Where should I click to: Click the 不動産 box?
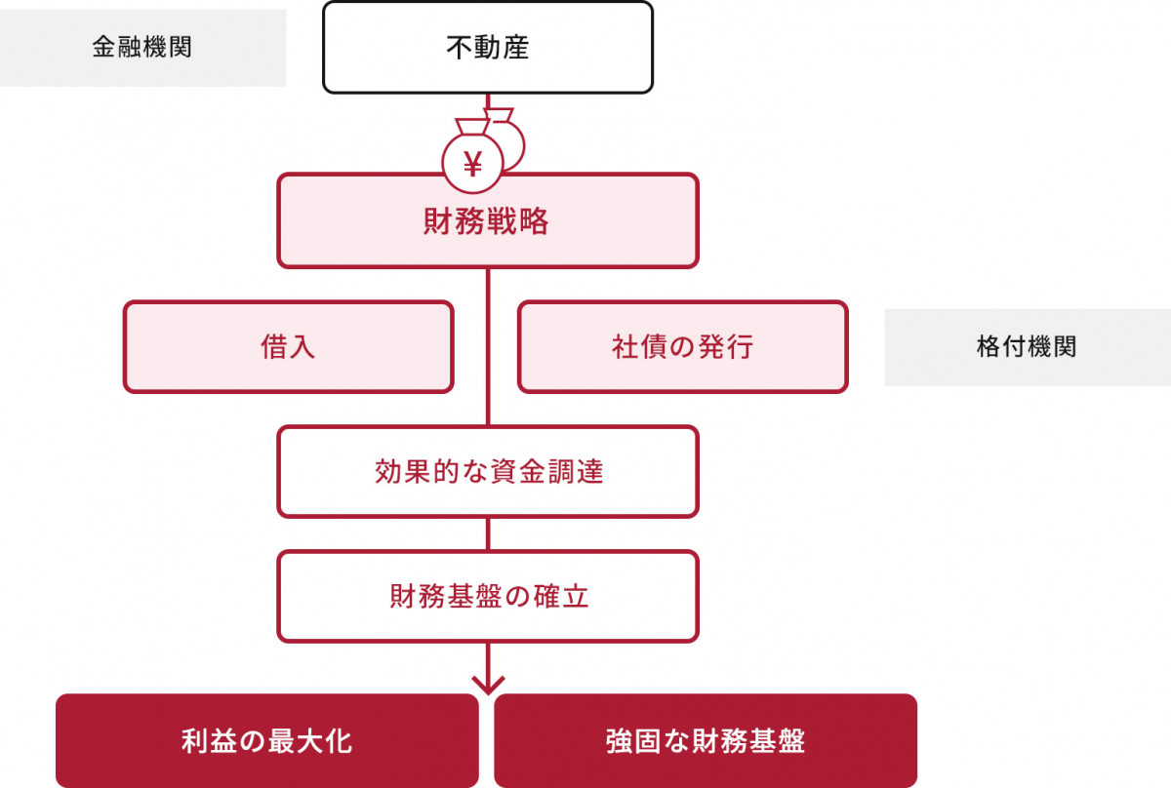[x=488, y=48]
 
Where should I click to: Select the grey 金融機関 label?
[x=142, y=48]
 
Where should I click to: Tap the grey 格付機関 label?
[x=1028, y=347]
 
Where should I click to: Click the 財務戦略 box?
[x=488, y=220]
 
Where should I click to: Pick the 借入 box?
[x=289, y=347]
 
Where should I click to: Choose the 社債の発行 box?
[x=683, y=347]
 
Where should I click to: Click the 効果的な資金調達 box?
[x=488, y=472]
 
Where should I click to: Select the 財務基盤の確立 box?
[x=488, y=596]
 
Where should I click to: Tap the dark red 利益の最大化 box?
[x=267, y=741]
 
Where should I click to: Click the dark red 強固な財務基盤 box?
[x=706, y=741]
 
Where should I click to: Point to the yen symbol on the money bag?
[x=472, y=164]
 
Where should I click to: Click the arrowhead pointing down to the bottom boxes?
[x=488, y=685]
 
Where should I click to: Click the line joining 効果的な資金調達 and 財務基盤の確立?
[x=488, y=534]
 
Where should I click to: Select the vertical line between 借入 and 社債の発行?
[x=488, y=347]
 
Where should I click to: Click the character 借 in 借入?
[x=274, y=347]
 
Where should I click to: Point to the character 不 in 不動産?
[x=460, y=48]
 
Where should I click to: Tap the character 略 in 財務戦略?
[x=535, y=221]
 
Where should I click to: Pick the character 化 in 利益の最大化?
[x=339, y=741]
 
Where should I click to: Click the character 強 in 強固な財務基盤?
[x=620, y=741]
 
